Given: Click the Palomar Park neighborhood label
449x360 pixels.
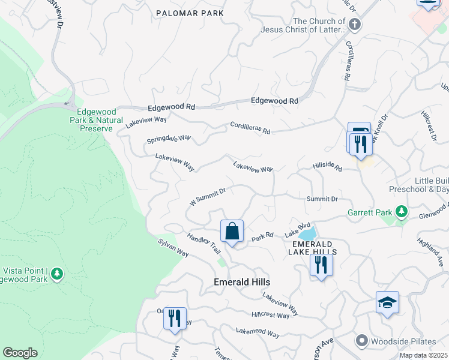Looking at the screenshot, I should pyautogui.click(x=190, y=13).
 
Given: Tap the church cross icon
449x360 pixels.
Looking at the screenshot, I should pyautogui.click(x=355, y=25).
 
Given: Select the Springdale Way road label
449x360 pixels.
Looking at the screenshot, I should pyautogui.click(x=169, y=139).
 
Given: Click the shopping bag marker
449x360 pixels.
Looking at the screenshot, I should pyautogui.click(x=232, y=230).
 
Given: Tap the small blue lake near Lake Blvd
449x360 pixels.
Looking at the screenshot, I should pyautogui.click(x=307, y=233).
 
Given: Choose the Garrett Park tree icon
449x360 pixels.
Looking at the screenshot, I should pyautogui.click(x=402, y=212).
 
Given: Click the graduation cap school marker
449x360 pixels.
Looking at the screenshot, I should pyautogui.click(x=387, y=303).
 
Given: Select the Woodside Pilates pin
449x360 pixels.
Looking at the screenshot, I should pyautogui.click(x=361, y=341).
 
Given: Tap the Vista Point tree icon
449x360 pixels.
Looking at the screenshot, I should pyautogui.click(x=57, y=274).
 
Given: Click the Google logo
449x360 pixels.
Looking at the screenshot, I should pyautogui.click(x=20, y=353).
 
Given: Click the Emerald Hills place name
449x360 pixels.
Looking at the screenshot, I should pyautogui.click(x=242, y=282).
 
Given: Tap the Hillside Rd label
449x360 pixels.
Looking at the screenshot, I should pyautogui.click(x=327, y=167).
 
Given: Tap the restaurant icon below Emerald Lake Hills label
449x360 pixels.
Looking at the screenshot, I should pyautogui.click(x=321, y=264).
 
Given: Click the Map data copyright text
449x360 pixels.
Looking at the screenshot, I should pyautogui.click(x=423, y=355).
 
